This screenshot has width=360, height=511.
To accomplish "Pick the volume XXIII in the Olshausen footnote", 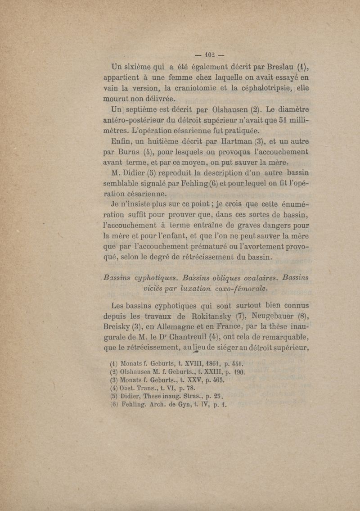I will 217,373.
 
